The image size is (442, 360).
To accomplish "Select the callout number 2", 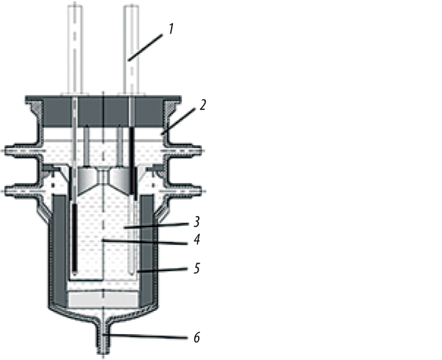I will pos(202,104).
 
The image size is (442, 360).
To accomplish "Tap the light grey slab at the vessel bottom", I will pos(104,299).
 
